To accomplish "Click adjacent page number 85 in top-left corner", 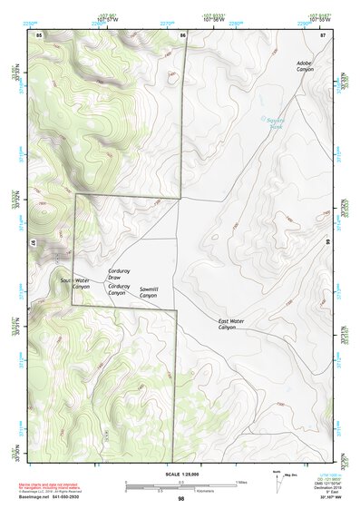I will [x=39, y=34].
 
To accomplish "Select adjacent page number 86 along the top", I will [x=182, y=34].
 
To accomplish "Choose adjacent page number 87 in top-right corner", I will [x=323, y=34].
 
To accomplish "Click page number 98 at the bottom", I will [x=180, y=499].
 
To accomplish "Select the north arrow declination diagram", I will [x=277, y=477].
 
